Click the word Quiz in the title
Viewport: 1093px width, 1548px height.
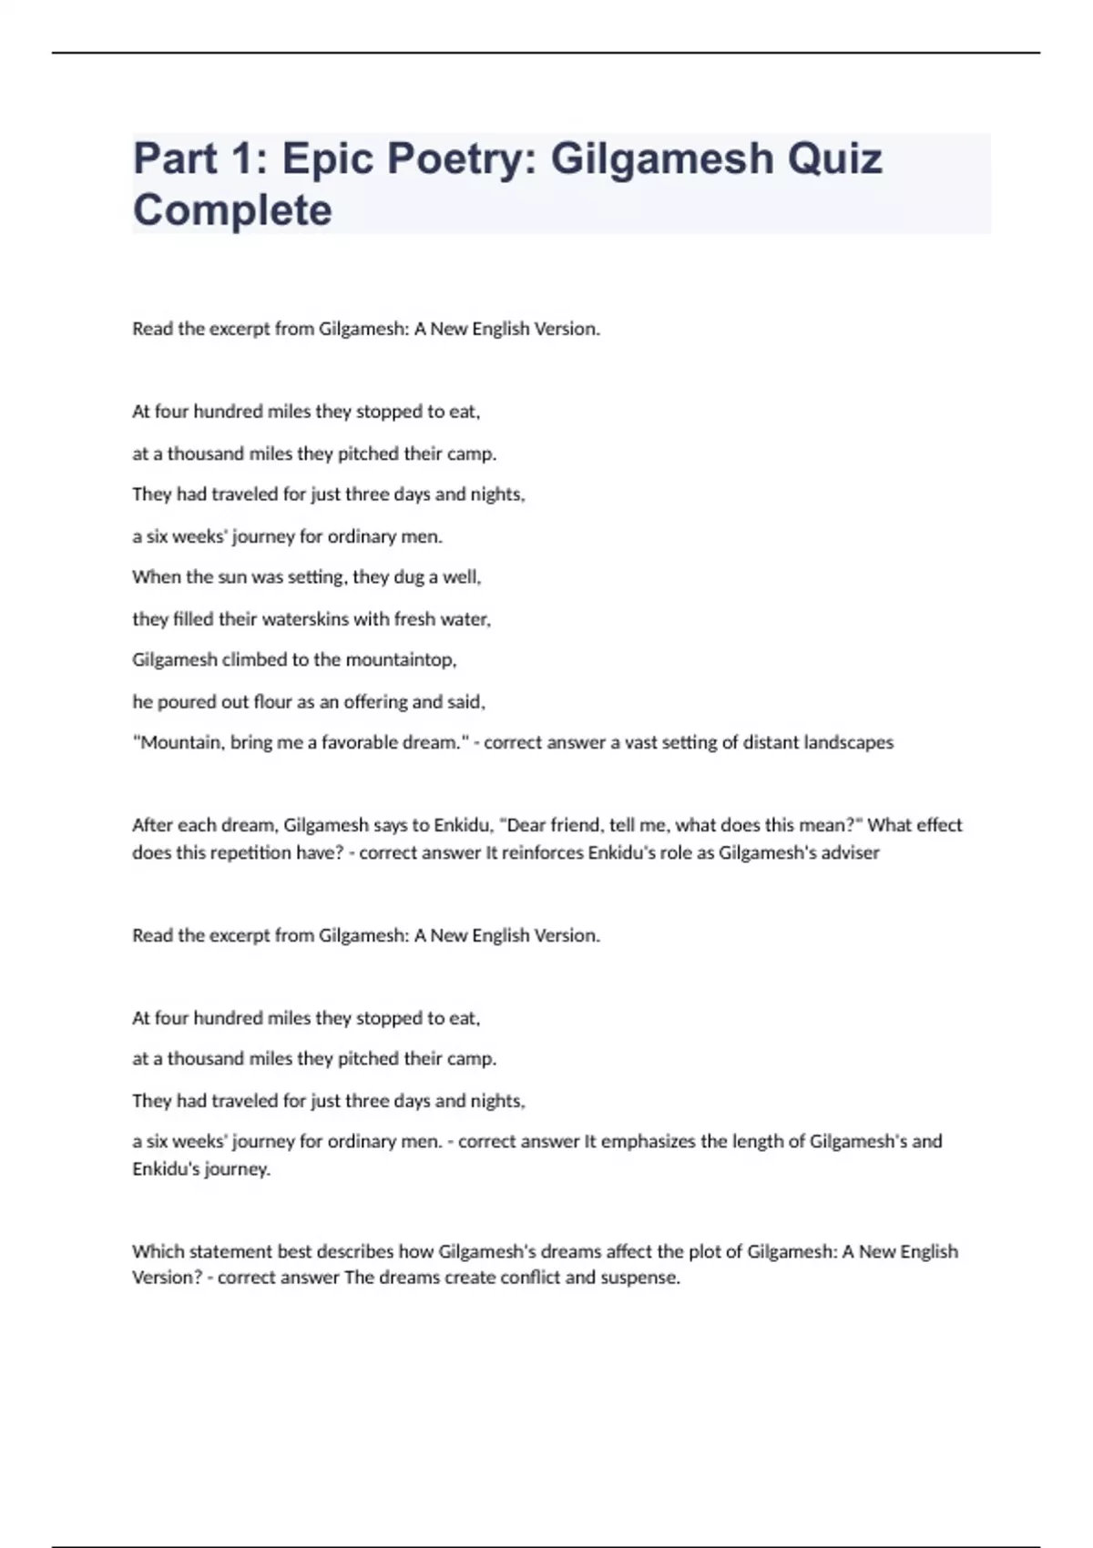click(834, 158)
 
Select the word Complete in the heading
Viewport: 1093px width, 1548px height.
click(232, 210)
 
